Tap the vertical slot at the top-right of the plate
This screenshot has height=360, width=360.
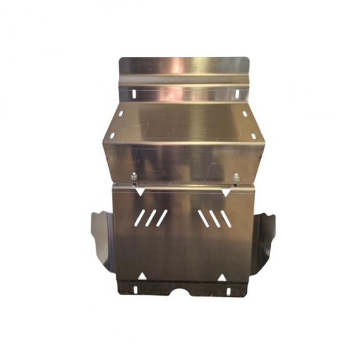tap(238, 94)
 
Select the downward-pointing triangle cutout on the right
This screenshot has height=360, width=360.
tap(226, 193)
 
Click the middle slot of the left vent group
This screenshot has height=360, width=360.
tap(152, 218)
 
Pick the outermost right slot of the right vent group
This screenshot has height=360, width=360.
tap(222, 218)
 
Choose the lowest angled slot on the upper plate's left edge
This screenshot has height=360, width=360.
tap(112, 136)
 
